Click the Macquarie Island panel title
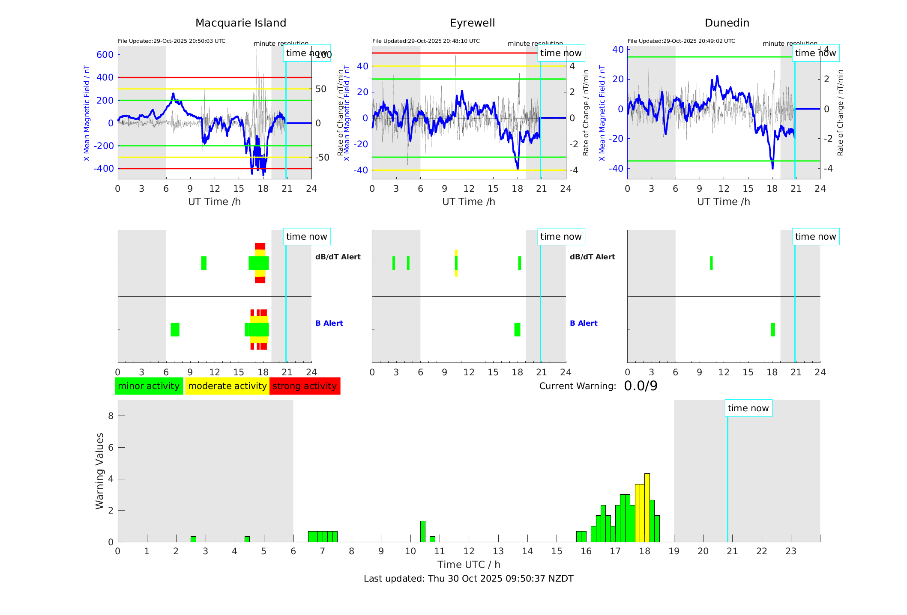tap(240, 23)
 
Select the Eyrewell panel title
tap(472, 23)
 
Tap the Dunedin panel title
tap(727, 23)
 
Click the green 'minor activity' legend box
tap(149, 386)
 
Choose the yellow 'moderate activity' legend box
tap(227, 386)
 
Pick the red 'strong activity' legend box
tap(305, 386)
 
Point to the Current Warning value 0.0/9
tap(641, 386)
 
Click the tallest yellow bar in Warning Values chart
tap(647, 508)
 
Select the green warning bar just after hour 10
tap(423, 532)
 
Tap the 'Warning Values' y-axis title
tap(99, 471)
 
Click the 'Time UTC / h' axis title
tap(469, 564)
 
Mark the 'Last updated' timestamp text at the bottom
tap(468, 579)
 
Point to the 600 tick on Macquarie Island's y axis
tap(105, 55)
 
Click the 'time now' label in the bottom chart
tap(748, 408)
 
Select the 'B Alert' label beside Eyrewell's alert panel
tap(584, 323)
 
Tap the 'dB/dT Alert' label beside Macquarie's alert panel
tap(338, 257)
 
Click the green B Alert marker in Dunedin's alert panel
tap(773, 330)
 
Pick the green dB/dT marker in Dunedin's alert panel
tap(711, 263)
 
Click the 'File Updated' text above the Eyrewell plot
tap(426, 41)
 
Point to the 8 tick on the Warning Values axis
tap(111, 416)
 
